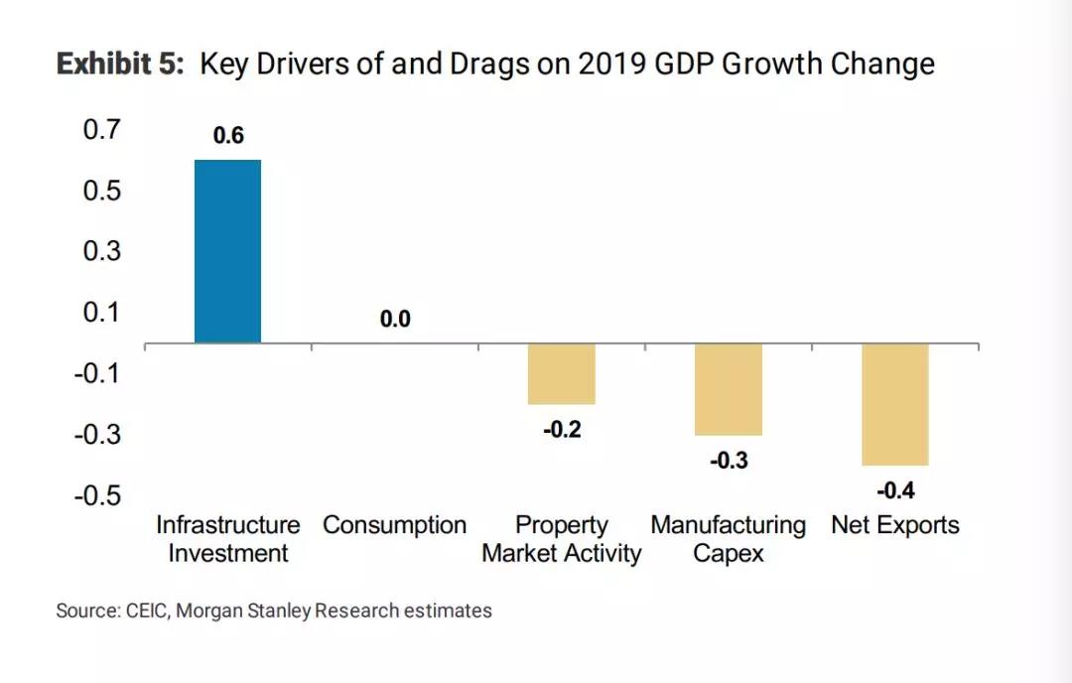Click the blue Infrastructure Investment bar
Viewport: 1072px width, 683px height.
tap(227, 251)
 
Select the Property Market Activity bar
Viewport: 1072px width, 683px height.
tap(561, 374)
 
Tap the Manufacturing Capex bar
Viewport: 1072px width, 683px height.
tap(728, 389)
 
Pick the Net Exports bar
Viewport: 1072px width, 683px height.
tap(894, 404)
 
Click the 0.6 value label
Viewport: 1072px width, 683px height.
tap(228, 136)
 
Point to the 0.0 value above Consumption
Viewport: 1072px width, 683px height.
tap(395, 320)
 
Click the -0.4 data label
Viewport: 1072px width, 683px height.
tap(894, 490)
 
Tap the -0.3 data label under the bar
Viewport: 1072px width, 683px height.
tap(728, 461)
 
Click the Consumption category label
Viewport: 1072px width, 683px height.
tap(395, 525)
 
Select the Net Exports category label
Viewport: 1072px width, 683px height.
tap(895, 525)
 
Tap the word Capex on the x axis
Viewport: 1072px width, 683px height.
tap(729, 553)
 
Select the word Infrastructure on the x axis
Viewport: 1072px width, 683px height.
tap(228, 525)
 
